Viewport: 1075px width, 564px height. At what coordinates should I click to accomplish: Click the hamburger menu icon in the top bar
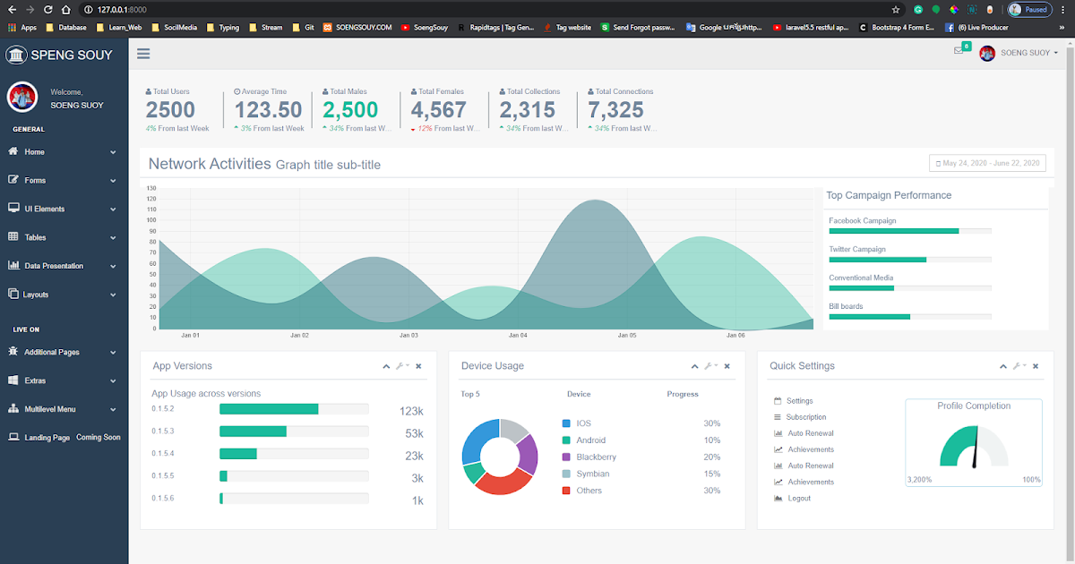143,54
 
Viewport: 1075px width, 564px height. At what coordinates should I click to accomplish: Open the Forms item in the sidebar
35,180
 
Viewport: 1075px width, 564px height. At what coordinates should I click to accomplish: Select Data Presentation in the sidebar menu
54,266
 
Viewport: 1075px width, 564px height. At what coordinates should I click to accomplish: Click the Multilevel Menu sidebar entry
50,409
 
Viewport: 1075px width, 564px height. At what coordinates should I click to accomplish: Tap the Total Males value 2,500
350,110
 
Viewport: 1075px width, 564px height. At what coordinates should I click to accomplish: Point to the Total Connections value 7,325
615,110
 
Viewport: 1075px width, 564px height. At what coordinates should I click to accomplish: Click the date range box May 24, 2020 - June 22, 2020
987,163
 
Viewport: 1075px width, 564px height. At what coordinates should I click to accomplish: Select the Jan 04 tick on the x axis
518,336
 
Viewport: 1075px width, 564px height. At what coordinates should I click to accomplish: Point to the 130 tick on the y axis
150,188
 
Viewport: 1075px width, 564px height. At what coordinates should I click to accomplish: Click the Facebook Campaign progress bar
909,231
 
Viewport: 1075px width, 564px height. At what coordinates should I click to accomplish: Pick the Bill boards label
846,306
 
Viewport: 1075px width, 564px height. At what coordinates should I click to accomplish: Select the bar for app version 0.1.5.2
269,409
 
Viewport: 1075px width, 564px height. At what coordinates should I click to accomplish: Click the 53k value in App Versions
414,433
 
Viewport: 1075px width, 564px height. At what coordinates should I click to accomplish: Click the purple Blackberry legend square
566,457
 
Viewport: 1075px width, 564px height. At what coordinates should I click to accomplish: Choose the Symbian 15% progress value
711,474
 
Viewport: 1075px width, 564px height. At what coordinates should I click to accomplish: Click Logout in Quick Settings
799,498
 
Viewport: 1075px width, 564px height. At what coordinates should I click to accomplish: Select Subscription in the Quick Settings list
806,417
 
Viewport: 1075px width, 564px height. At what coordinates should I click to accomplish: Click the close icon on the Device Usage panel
727,366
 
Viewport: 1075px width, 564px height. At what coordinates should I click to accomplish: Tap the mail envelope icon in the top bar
959,50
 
